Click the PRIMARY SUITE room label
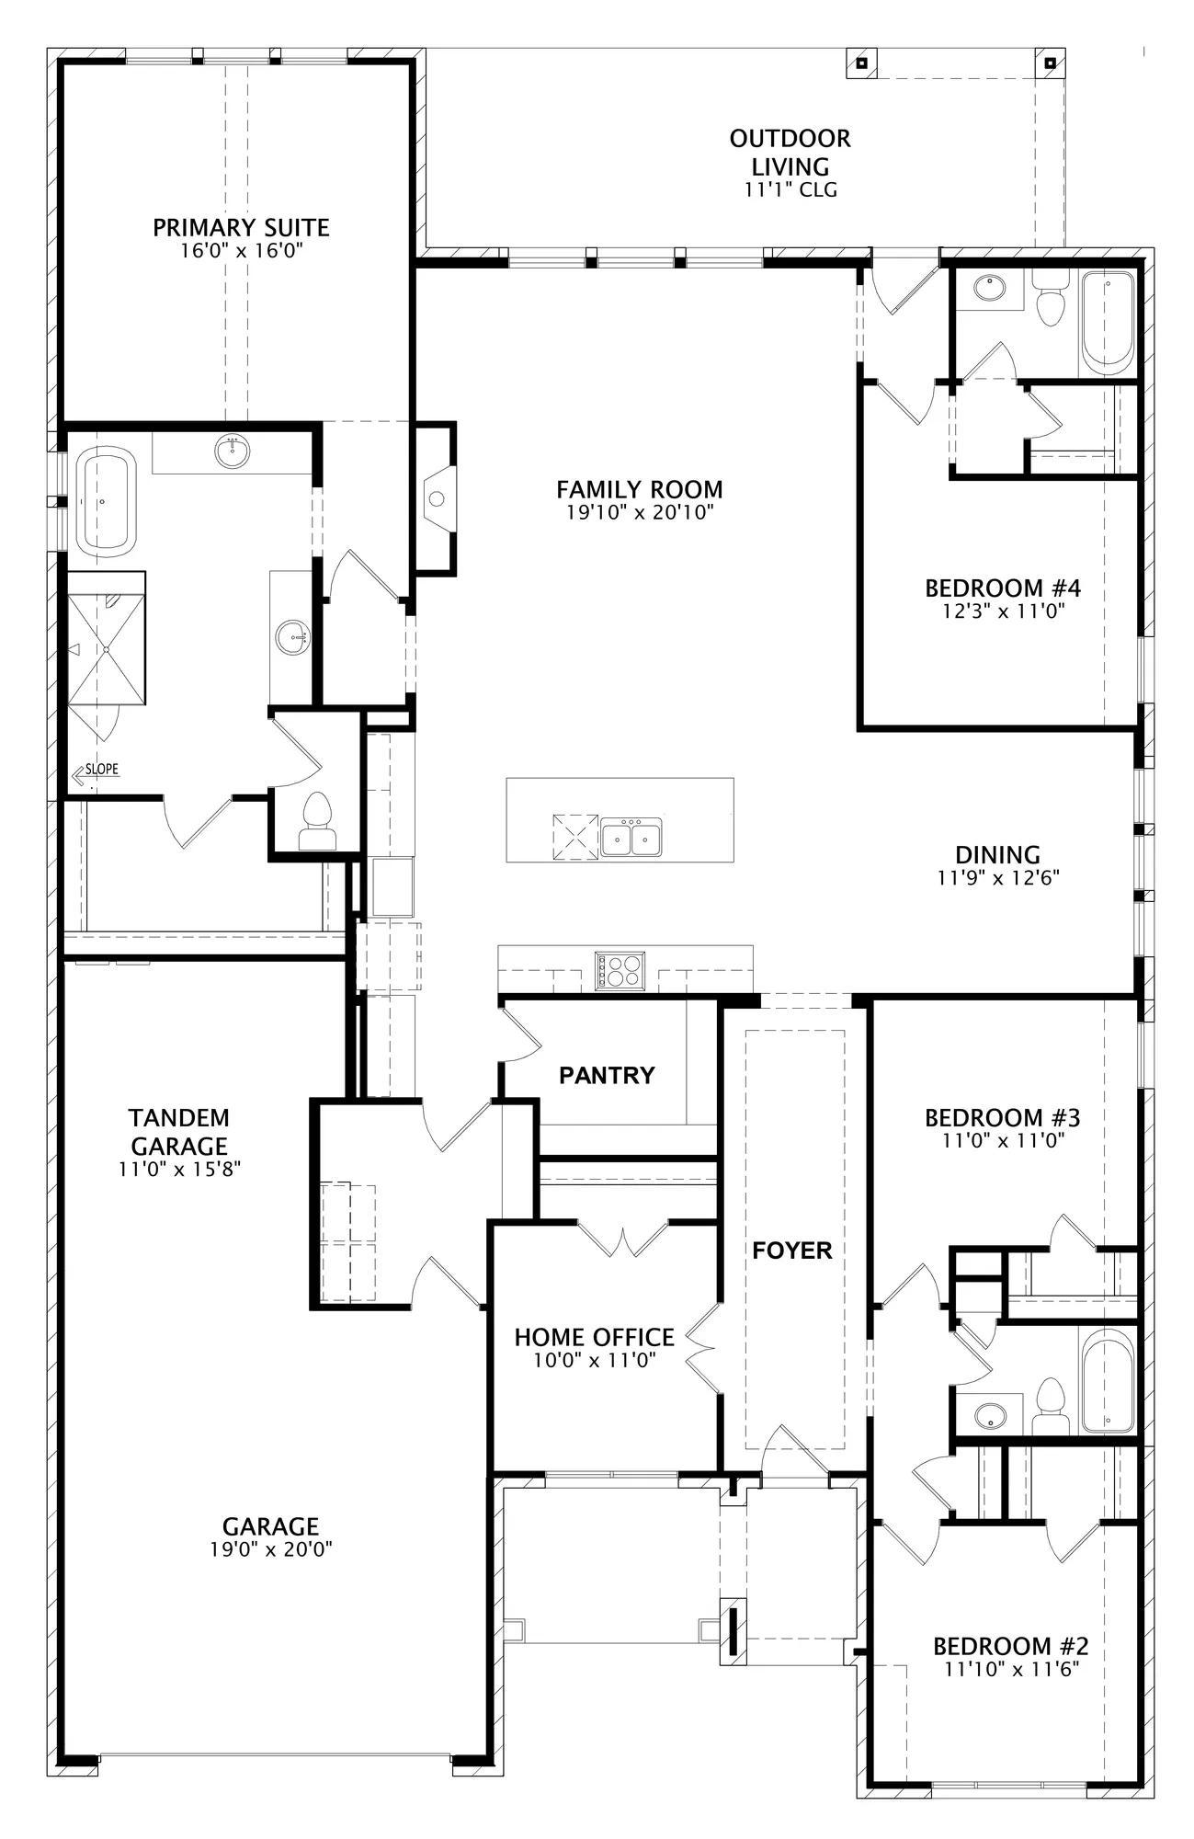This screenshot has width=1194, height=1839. click(241, 227)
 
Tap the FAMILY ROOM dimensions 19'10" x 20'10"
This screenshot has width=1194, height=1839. click(640, 512)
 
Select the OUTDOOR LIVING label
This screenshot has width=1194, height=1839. click(790, 153)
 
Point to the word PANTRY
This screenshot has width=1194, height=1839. click(607, 1075)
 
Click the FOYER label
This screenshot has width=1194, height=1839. click(792, 1251)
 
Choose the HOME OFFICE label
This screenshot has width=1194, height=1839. click(594, 1337)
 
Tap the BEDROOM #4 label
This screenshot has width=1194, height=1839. click(1003, 588)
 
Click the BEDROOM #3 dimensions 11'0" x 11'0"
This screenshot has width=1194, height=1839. click(1002, 1141)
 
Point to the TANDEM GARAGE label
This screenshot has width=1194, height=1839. click(179, 1132)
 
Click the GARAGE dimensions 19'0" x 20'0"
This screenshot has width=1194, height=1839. click(270, 1549)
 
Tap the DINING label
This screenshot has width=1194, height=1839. click(997, 855)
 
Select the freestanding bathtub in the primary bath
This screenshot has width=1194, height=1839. click(106, 501)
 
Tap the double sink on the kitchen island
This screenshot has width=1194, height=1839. click(631, 836)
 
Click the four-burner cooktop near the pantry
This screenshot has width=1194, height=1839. click(620, 971)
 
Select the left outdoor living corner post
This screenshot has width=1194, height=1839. click(862, 63)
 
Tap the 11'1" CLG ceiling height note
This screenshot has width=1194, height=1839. click(790, 190)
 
